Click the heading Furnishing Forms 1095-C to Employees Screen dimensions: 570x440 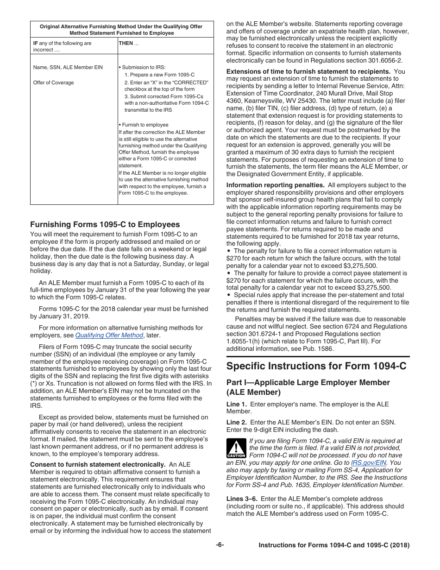click(x=105, y=224)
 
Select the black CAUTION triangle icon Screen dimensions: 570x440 click(x=236, y=448)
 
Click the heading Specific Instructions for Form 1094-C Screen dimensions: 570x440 click(x=316, y=366)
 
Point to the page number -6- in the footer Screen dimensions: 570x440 click(x=220, y=545)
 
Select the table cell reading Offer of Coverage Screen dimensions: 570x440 click(x=53, y=82)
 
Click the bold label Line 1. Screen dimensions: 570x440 click(x=236, y=404)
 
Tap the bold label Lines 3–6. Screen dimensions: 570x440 click(x=242, y=499)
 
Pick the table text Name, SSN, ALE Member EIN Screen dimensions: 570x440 click(x=68, y=67)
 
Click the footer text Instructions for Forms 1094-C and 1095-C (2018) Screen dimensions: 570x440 click(x=333, y=545)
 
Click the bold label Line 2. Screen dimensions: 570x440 click(x=236, y=423)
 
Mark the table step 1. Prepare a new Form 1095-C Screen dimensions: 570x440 click(x=159, y=75)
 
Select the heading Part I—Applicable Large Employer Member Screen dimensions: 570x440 click(x=308, y=383)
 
